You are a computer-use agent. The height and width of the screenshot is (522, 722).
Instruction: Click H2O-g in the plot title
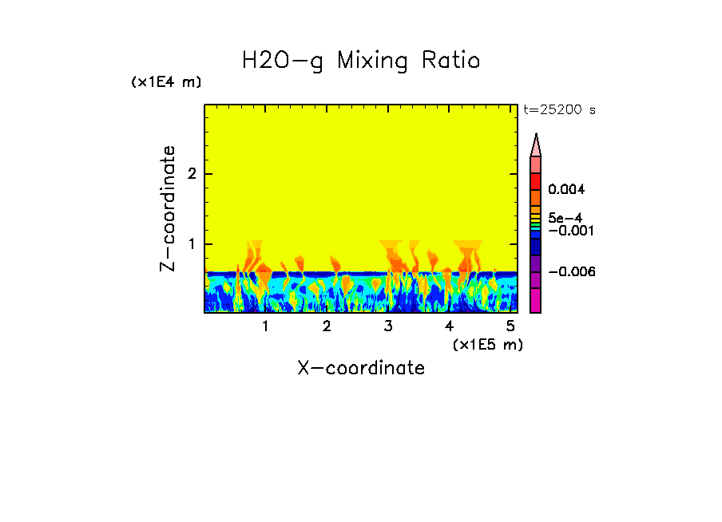pyautogui.click(x=283, y=61)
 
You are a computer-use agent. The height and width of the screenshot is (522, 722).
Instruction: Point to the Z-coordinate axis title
pyautogui.click(x=169, y=208)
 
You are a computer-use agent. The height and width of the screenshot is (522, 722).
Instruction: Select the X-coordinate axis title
pyautogui.click(x=361, y=368)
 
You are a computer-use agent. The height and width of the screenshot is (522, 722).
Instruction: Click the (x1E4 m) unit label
pyautogui.click(x=166, y=82)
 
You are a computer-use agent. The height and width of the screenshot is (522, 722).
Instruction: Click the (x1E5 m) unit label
pyautogui.click(x=487, y=344)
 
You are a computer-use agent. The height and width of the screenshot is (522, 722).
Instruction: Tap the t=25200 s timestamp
pyautogui.click(x=559, y=110)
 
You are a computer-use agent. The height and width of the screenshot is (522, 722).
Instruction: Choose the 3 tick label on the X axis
pyautogui.click(x=388, y=326)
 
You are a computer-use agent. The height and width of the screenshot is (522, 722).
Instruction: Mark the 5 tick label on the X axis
pyautogui.click(x=510, y=326)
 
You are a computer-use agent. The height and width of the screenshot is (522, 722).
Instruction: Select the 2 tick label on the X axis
pyautogui.click(x=327, y=326)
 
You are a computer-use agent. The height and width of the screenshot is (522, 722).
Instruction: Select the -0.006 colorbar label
pyautogui.click(x=572, y=272)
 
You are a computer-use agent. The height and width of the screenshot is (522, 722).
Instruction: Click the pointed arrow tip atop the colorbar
pyautogui.click(x=536, y=144)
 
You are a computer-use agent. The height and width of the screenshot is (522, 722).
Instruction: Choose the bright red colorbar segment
pyautogui.click(x=536, y=180)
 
